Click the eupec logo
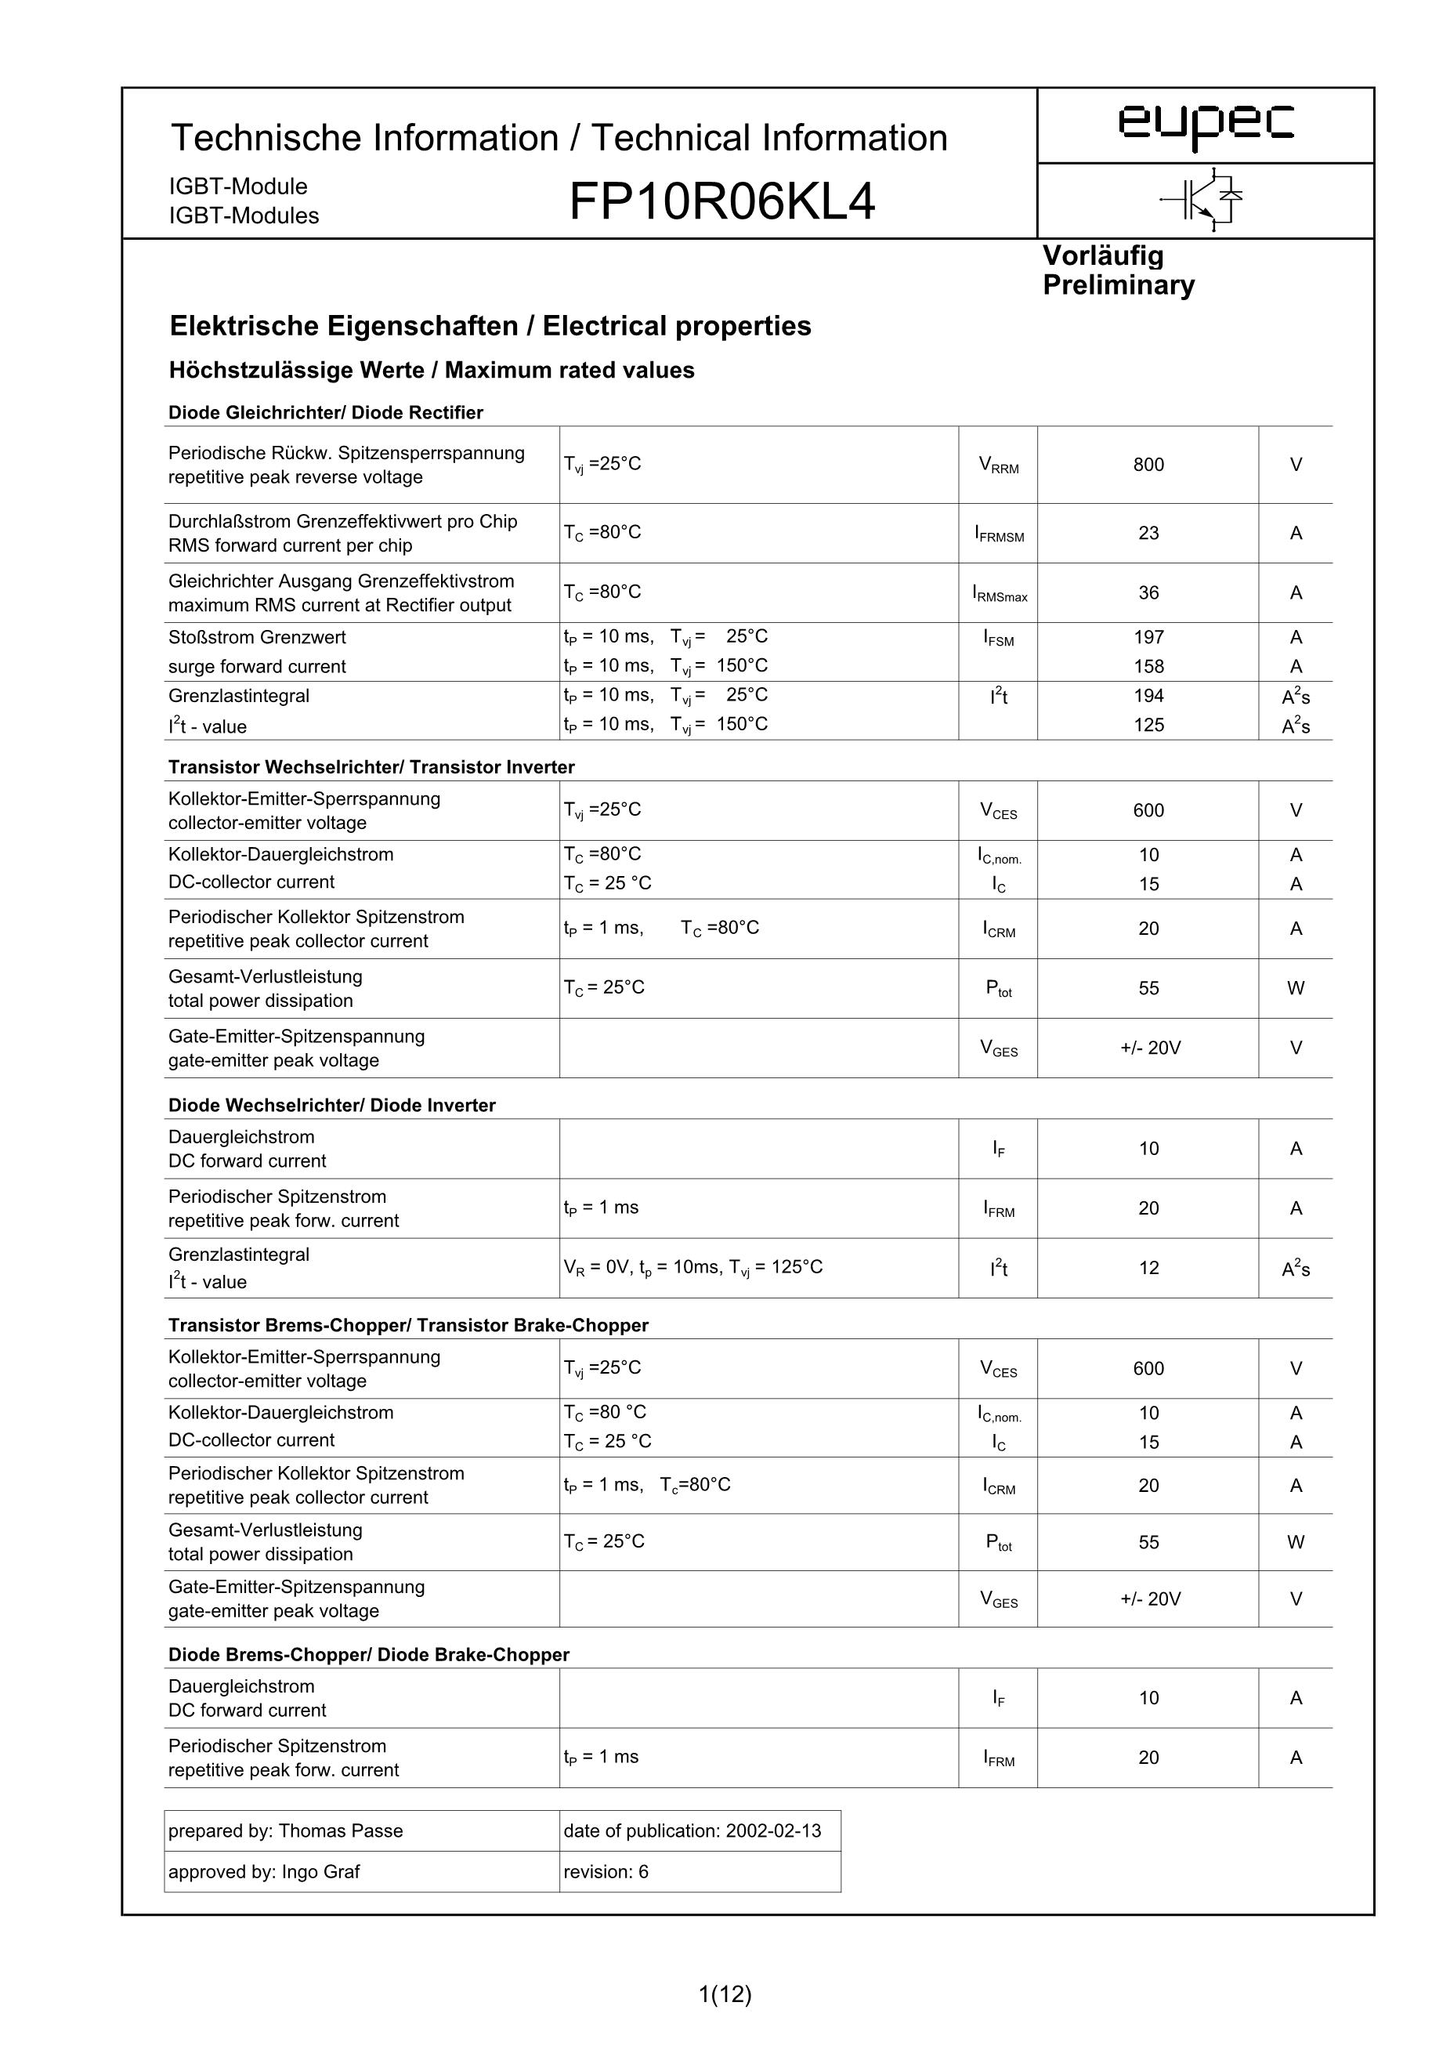(x=1205, y=125)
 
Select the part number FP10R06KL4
(x=721, y=201)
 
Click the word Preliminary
(x=1119, y=285)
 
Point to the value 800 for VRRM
(x=1148, y=465)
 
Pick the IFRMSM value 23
(x=1148, y=534)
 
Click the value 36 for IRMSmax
(x=1148, y=593)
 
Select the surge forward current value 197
(x=1148, y=638)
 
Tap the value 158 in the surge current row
(x=1148, y=667)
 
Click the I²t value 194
(x=1148, y=697)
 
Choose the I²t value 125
(x=1148, y=725)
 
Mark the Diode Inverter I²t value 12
(x=1148, y=1268)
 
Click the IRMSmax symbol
(x=999, y=594)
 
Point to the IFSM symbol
(x=998, y=639)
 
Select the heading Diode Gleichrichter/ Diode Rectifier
(x=325, y=413)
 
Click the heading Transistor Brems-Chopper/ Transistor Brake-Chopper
(x=407, y=1325)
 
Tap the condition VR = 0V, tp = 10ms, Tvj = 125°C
(x=692, y=1267)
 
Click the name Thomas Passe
(x=341, y=1831)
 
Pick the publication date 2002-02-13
(x=773, y=1831)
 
